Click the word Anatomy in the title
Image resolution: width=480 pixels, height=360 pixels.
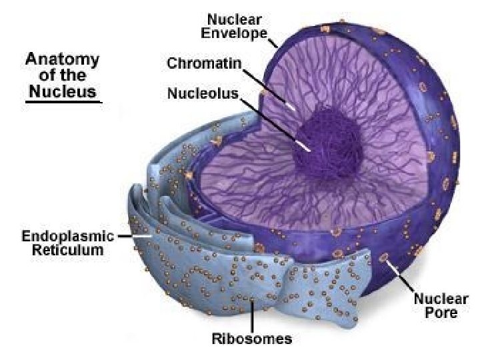tap(62, 59)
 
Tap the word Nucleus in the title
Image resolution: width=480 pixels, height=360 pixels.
tap(62, 90)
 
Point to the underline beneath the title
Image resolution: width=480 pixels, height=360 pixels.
tap(63, 101)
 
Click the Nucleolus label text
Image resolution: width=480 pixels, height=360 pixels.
tap(202, 94)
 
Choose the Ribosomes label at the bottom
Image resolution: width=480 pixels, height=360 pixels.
tap(251, 339)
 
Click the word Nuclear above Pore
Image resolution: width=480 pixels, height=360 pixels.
tap(441, 299)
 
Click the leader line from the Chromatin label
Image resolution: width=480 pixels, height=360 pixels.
tap(267, 86)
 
